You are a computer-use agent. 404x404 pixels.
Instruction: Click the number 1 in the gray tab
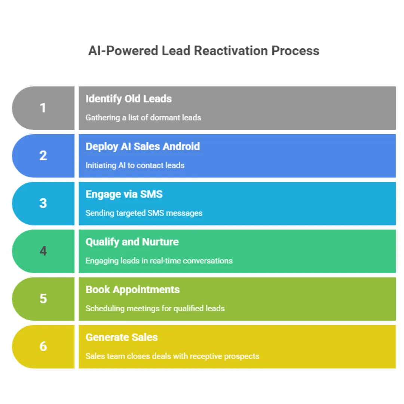pos(43,108)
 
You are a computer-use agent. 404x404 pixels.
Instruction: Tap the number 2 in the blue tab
pos(43,156)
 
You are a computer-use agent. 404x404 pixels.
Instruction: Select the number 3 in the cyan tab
pos(43,203)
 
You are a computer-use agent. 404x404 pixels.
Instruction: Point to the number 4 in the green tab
pos(43,251)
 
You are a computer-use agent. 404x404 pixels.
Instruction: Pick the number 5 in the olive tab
pos(43,299)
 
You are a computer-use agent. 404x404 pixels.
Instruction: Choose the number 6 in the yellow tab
pos(43,346)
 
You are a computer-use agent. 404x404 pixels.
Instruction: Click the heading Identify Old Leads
pos(129,99)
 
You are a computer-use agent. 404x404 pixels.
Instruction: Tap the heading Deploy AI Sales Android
pos(143,146)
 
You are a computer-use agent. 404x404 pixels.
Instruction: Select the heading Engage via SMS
pos(124,194)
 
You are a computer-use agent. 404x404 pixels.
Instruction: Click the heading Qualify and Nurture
pos(132,242)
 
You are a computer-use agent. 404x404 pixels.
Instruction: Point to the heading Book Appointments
pos(132,290)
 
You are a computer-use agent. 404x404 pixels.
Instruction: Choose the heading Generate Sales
pos(122,337)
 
